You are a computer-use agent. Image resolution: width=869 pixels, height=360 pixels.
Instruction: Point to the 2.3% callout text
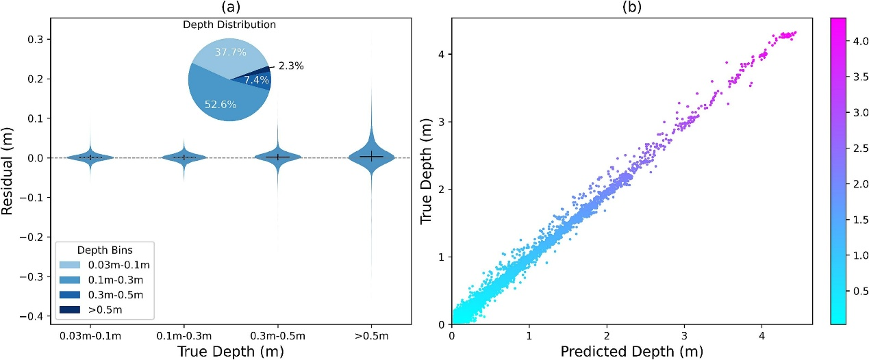[x=290, y=66]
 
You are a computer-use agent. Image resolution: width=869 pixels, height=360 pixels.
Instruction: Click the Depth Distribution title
[x=229, y=25]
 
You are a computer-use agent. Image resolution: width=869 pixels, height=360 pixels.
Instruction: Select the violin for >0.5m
[x=370, y=155]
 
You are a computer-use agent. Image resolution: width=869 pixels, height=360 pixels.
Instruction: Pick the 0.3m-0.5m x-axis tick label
[x=277, y=336]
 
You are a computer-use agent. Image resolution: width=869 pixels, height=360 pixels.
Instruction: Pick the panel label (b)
[x=631, y=8]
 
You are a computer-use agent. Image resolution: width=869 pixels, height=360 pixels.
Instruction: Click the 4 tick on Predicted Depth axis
[x=761, y=336]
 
